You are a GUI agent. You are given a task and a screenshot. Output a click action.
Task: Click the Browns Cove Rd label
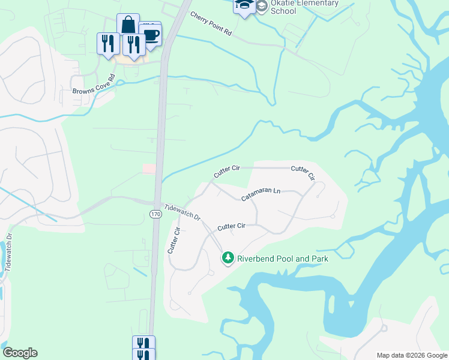coord(94,85)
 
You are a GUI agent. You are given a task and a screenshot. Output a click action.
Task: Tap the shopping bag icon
coord(128,25)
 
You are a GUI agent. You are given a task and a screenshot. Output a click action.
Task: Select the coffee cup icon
coord(150,35)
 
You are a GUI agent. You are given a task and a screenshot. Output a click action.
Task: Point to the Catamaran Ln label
coord(261,194)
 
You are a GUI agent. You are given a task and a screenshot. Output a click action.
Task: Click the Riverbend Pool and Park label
coord(282,259)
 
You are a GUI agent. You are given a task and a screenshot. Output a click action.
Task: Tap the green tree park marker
coord(228,258)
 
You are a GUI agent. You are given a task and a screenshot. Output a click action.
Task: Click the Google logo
coord(20,353)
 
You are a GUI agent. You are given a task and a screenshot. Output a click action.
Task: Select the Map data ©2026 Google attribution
coord(411,355)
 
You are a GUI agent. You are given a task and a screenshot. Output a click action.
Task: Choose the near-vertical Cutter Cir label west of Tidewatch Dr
coord(173,239)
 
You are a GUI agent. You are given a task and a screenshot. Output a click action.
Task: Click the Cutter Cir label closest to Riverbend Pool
coord(232,226)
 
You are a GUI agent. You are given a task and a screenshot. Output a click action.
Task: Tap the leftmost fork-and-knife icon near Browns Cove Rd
coord(108,43)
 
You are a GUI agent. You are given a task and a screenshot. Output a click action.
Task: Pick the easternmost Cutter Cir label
coord(303,173)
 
